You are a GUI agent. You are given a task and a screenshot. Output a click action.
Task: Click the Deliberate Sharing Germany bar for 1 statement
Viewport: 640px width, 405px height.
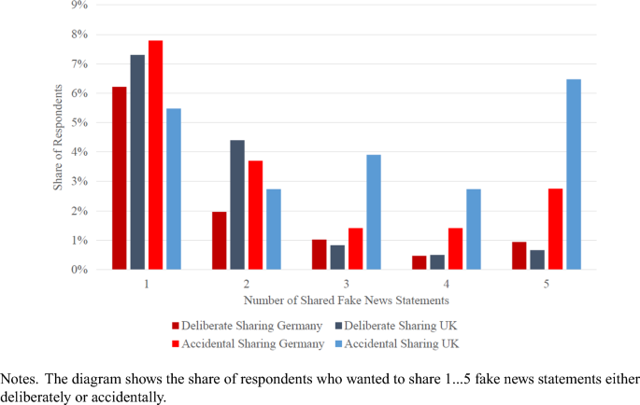(x=119, y=178)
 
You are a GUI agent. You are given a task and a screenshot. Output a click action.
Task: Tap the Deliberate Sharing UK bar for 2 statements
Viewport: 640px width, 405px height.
(x=237, y=205)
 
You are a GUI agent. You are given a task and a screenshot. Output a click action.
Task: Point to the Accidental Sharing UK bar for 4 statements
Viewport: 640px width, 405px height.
(x=474, y=230)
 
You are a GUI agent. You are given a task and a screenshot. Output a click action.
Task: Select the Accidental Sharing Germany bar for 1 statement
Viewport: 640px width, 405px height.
(x=155, y=155)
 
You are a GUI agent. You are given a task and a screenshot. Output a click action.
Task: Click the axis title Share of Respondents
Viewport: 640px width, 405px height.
(x=58, y=138)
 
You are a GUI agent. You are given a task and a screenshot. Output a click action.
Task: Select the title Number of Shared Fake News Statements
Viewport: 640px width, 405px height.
(x=348, y=300)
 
